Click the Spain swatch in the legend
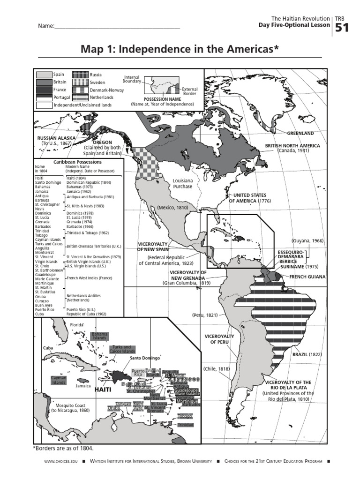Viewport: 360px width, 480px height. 44,75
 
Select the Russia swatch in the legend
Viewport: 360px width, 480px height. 80,75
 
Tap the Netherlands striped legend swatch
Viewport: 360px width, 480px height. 80,97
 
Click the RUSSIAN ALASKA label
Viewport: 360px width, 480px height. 56,138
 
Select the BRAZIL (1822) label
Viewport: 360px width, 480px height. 307,355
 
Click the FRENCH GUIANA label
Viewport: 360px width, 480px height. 307,277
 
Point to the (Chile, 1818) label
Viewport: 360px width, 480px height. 217,369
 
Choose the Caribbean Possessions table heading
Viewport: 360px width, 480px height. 77,162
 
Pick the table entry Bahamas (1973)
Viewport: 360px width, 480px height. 80,187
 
